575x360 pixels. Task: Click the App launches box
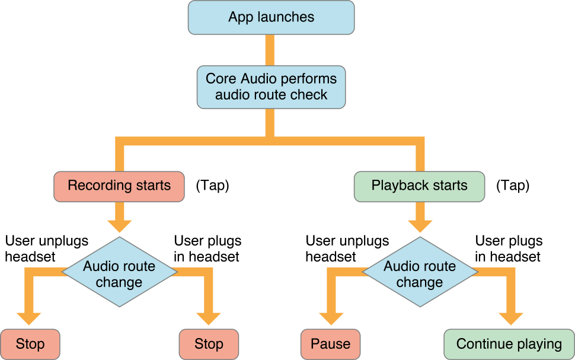271,17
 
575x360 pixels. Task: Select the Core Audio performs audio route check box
271,87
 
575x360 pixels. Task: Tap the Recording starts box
119,186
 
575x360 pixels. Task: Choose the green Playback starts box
419,186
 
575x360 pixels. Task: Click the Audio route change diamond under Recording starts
119,273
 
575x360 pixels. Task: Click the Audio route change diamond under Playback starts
419,273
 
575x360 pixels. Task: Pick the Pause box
330,344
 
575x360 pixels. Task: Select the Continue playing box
509,344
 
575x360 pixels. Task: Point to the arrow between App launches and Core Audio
271,51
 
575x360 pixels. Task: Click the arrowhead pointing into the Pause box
330,320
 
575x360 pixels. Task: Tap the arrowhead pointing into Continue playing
509,320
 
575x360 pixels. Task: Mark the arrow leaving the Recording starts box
119,219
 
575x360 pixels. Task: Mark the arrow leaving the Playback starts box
419,219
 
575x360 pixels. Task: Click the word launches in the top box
287,17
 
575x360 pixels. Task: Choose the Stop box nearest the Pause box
209,344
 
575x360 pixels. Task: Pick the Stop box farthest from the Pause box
30,344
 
